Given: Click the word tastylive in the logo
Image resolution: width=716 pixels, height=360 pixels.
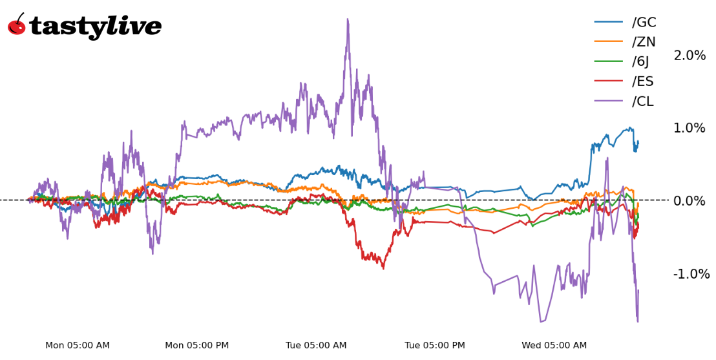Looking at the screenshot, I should pyautogui.click(x=95, y=26).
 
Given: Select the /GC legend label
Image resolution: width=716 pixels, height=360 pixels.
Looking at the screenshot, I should pyautogui.click(x=644, y=23).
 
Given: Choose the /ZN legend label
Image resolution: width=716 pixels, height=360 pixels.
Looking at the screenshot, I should pyautogui.click(x=644, y=42).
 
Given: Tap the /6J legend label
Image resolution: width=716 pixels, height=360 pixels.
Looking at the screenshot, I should pyautogui.click(x=640, y=61).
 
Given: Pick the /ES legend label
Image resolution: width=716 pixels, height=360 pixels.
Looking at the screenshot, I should pyautogui.click(x=643, y=81).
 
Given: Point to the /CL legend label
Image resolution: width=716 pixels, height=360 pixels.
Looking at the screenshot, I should pyautogui.click(x=643, y=101).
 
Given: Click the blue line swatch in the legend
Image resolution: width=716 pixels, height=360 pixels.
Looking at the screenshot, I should pyautogui.click(x=608, y=23).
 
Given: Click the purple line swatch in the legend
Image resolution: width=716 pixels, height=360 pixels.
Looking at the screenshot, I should pyautogui.click(x=608, y=101).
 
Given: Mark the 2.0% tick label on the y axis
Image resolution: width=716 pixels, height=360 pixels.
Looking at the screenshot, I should pyautogui.click(x=690, y=56).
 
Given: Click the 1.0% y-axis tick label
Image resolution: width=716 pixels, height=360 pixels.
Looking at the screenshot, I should pyautogui.click(x=690, y=128).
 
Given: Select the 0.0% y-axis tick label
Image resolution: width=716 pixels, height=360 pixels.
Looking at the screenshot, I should pyautogui.click(x=690, y=201).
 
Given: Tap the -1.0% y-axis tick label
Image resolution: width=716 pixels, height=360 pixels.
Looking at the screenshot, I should pyautogui.click(x=691, y=274).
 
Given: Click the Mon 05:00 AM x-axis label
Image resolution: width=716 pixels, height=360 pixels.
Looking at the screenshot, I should pyautogui.click(x=78, y=346).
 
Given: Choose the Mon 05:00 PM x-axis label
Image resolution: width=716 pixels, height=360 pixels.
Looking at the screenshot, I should pyautogui.click(x=197, y=346).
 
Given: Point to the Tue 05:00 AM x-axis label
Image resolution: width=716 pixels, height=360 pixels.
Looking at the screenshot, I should pyautogui.click(x=316, y=346).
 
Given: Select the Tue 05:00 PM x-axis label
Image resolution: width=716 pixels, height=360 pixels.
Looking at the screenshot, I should pyautogui.click(x=435, y=346).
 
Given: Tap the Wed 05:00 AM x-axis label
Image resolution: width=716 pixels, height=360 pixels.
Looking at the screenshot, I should pyautogui.click(x=554, y=346).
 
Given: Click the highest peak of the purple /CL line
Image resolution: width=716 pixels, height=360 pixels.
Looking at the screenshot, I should pyautogui.click(x=348, y=19).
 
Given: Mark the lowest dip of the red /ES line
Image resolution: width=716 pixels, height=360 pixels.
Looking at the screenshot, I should pyautogui.click(x=383, y=268).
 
